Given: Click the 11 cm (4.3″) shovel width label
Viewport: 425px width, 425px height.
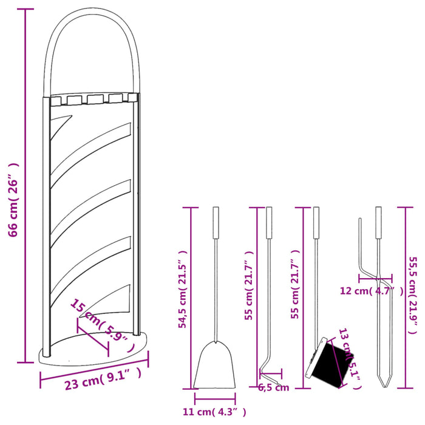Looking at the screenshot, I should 215,413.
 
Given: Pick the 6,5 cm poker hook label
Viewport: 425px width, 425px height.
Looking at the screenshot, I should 274,387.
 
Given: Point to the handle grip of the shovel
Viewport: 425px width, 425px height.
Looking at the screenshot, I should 215,223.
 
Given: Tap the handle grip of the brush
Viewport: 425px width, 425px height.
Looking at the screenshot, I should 316,223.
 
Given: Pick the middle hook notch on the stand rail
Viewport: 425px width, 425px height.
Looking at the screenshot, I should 94,100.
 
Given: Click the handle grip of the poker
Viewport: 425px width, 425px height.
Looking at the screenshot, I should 268,223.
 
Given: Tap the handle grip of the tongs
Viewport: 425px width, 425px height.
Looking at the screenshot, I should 379,223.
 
